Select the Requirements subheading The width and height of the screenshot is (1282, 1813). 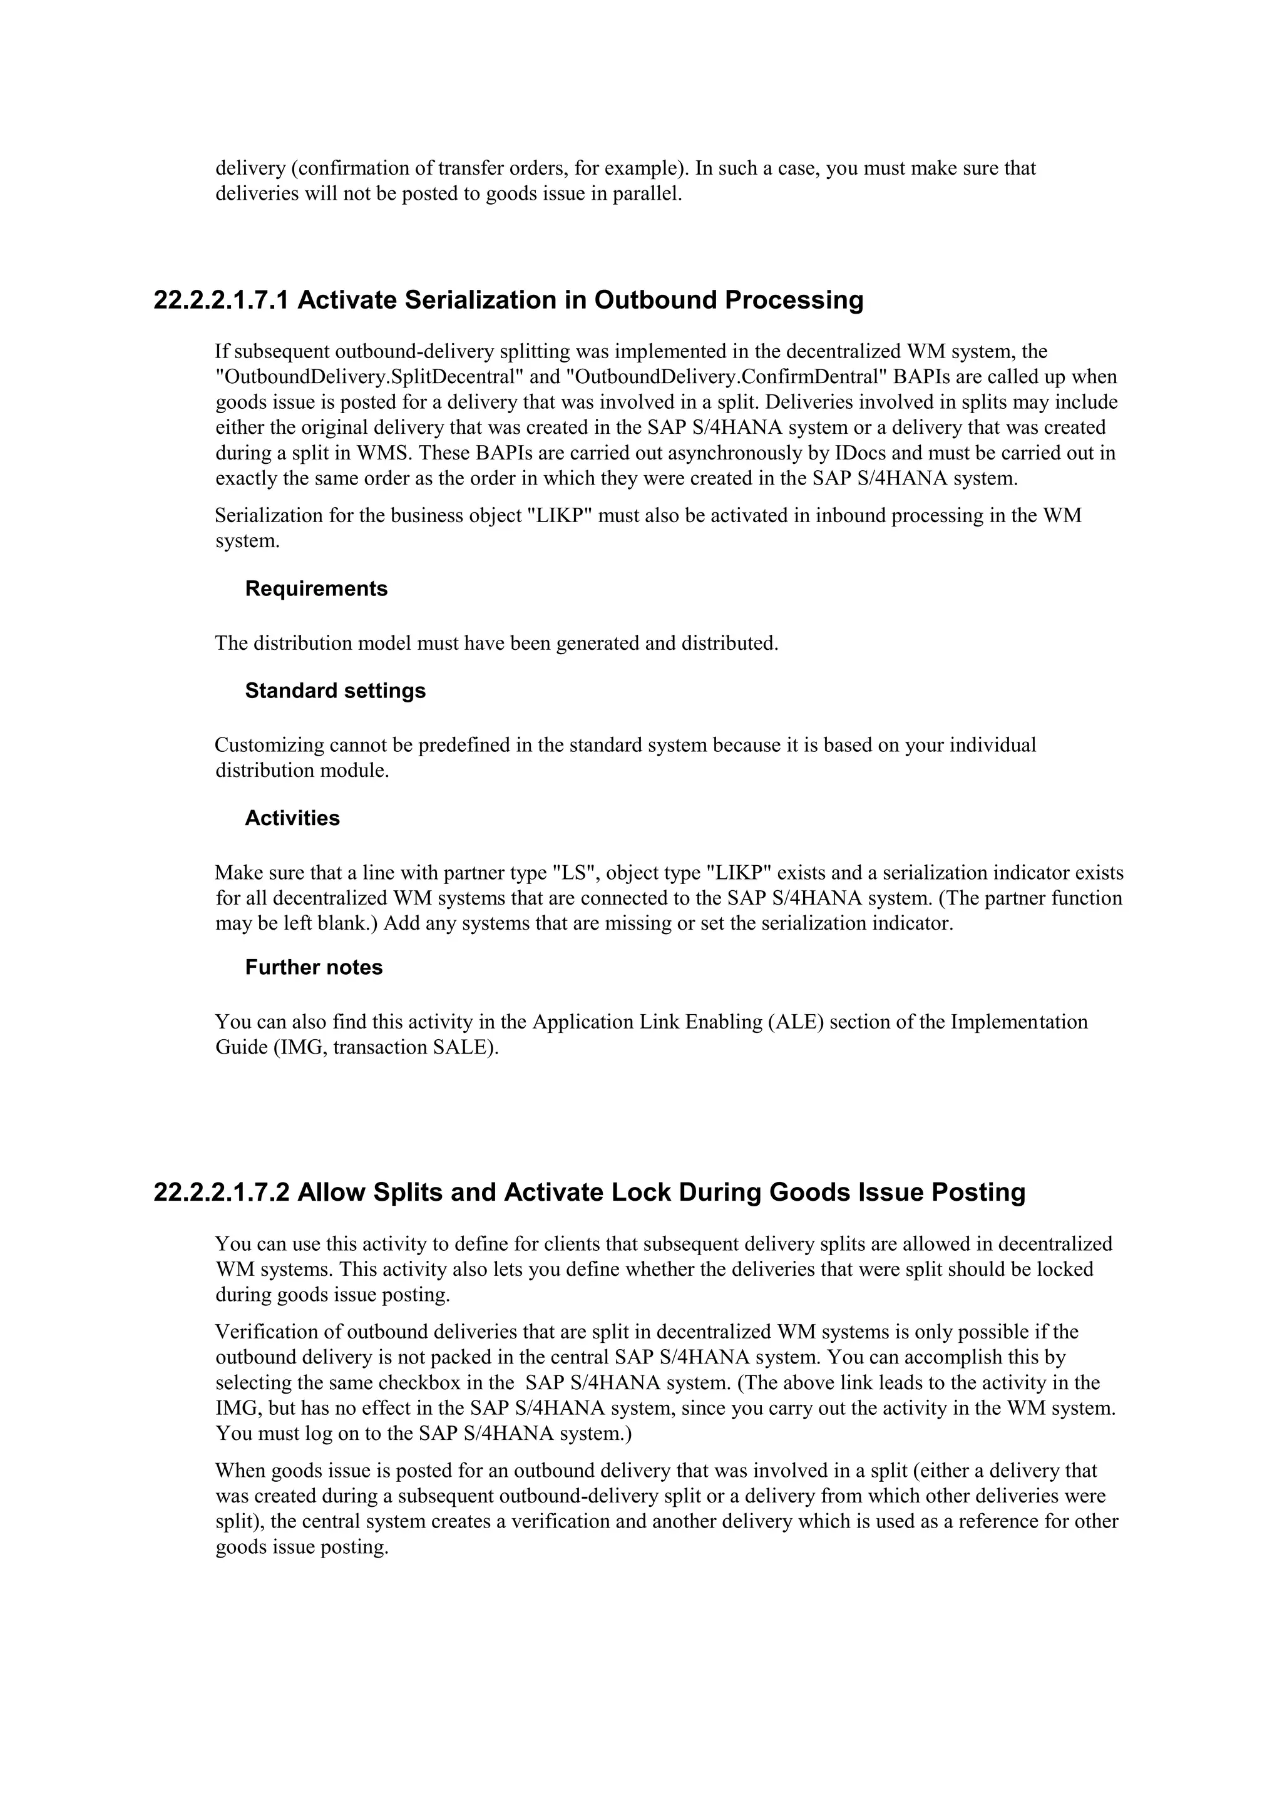point(315,588)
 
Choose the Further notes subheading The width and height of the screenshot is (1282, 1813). point(314,967)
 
